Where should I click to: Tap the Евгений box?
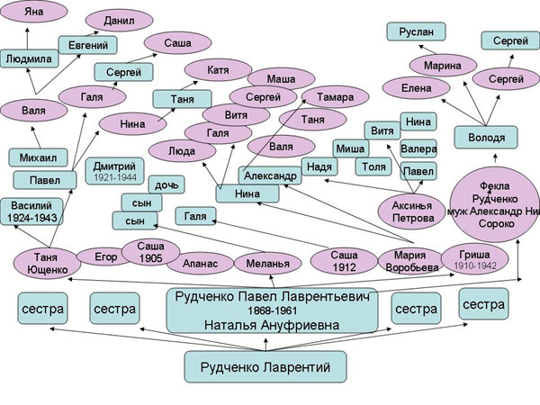pos(87,45)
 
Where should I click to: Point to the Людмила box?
pos(29,58)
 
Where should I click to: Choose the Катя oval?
pos(216,69)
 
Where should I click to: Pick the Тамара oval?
pos(328,97)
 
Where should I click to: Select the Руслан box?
pos(416,31)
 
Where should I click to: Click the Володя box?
pos(486,138)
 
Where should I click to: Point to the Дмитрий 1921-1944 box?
pos(113,171)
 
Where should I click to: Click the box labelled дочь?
pos(166,184)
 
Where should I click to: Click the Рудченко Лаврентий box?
pos(265,365)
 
